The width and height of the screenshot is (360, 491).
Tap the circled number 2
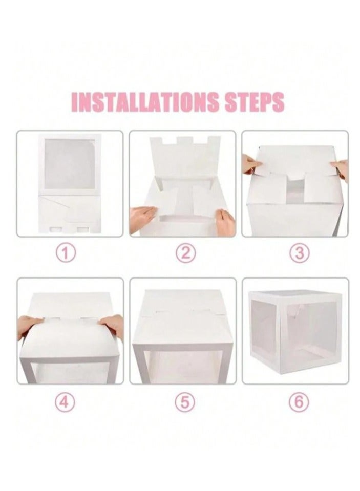[186, 253]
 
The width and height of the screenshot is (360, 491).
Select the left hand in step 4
[29, 326]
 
